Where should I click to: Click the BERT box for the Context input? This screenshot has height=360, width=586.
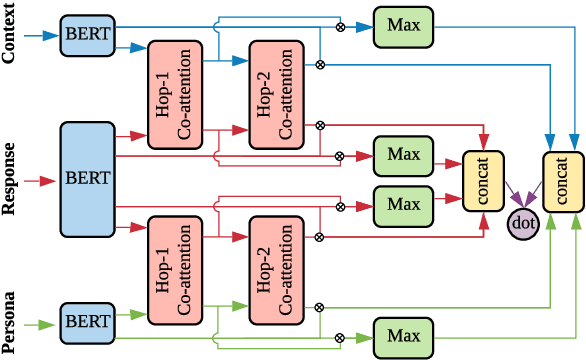coord(87,34)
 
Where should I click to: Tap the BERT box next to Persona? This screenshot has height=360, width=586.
coord(87,322)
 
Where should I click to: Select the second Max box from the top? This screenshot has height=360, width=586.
coord(403,155)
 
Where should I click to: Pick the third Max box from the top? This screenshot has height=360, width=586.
coord(403,204)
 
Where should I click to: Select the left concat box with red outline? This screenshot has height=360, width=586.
coord(484,180)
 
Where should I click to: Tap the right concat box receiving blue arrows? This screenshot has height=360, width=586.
coord(563,180)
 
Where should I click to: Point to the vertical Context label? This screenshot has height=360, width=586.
coord(11,35)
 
